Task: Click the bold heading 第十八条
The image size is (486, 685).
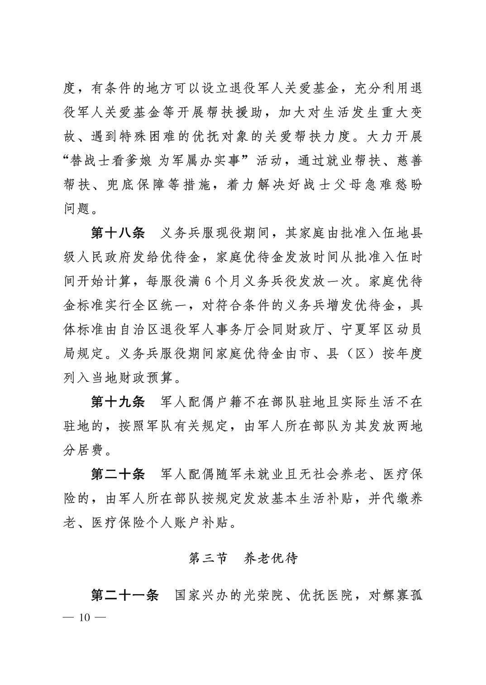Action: [x=118, y=233]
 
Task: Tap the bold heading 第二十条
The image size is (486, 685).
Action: [x=118, y=475]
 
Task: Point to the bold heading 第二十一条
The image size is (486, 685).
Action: [x=124, y=595]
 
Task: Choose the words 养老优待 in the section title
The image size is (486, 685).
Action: [x=271, y=559]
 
